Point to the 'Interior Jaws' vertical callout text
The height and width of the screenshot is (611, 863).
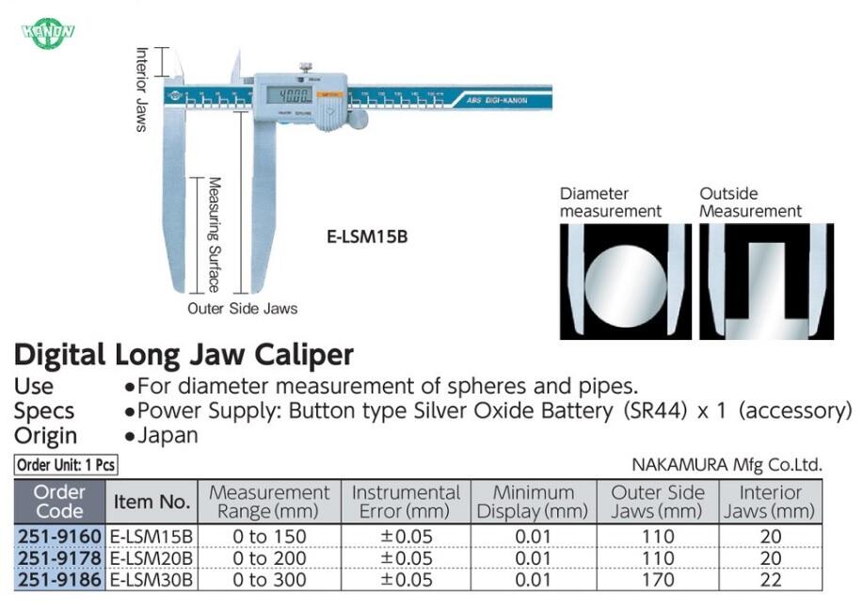click(142, 89)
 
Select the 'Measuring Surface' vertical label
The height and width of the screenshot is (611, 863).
click(215, 234)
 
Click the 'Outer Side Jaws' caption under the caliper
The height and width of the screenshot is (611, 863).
click(242, 309)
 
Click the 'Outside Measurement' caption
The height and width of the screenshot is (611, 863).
click(750, 202)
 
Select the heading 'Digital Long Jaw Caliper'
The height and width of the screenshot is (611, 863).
click(184, 355)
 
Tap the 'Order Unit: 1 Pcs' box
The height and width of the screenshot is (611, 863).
click(66, 464)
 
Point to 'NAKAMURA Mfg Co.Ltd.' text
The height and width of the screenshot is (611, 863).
click(727, 464)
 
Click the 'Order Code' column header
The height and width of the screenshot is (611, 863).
click(59, 502)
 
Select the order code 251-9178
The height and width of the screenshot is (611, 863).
click(59, 558)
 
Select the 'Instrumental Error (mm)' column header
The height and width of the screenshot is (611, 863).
click(406, 502)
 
